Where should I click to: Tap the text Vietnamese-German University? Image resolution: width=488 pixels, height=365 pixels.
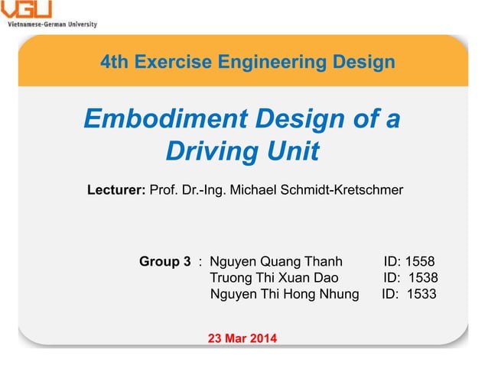pyautogui.click(x=52, y=24)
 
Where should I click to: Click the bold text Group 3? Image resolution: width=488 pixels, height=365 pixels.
pyautogui.click(x=164, y=263)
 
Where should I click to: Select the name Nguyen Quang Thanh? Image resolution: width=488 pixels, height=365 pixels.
pyautogui.click(x=276, y=263)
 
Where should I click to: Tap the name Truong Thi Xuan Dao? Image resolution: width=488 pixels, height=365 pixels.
pyautogui.click(x=274, y=279)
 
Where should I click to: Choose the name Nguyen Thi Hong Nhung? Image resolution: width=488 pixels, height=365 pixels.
pyautogui.click(x=284, y=294)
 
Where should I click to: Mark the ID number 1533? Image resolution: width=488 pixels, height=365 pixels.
pyautogui.click(x=421, y=294)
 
